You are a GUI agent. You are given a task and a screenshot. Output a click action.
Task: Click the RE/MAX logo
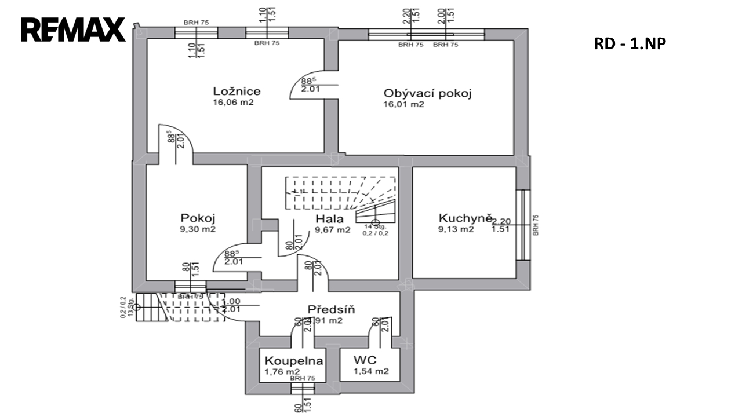point(73,30)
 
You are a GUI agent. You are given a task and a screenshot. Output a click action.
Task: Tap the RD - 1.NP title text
point(630,43)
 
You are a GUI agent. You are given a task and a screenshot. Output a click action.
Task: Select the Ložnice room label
point(237,91)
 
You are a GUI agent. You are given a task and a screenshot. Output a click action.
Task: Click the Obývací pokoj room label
point(427,93)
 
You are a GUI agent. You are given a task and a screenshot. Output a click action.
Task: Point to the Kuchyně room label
point(465,218)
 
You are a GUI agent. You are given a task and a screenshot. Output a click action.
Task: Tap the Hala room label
point(329,219)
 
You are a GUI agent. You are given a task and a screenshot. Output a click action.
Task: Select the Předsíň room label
point(332,310)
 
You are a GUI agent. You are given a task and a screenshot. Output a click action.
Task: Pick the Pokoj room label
point(198,218)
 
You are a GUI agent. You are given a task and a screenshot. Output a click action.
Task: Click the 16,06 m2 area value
point(234,103)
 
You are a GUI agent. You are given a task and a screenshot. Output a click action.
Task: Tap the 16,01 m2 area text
point(403,105)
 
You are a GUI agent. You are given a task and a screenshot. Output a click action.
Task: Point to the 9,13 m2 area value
point(456,229)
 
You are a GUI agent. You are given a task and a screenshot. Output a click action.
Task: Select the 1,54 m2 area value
point(371,371)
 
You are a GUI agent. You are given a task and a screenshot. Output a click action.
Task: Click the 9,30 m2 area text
point(198,229)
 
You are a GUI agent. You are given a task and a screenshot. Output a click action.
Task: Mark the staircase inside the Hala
point(339,194)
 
